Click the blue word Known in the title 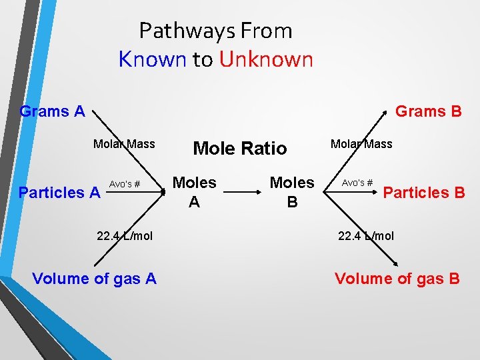(x=152, y=59)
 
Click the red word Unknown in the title (x=265, y=59)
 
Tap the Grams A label (x=53, y=111)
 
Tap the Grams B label (x=428, y=111)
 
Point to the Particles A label (x=59, y=193)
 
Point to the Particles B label (x=424, y=193)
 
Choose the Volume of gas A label (x=94, y=278)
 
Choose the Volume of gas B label (x=397, y=278)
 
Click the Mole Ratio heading (x=239, y=148)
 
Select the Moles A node (x=194, y=191)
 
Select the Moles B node (x=291, y=191)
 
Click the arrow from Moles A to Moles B (x=243, y=191)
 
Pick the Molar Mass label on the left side (x=124, y=144)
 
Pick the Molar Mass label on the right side (x=361, y=144)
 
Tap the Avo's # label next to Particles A (x=124, y=184)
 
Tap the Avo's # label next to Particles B (x=357, y=182)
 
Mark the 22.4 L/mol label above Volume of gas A (x=125, y=236)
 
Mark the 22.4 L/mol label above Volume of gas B (x=366, y=236)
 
